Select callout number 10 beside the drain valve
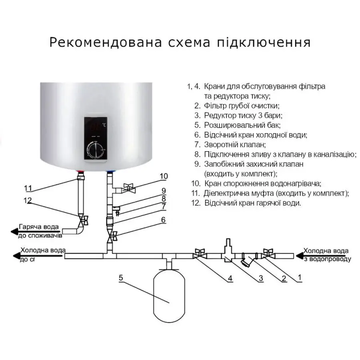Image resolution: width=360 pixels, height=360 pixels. [164, 176]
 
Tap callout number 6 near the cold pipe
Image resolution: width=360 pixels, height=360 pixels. [163, 220]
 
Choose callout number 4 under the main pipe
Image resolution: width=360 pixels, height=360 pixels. [230, 278]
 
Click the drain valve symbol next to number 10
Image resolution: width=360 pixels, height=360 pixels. [128, 187]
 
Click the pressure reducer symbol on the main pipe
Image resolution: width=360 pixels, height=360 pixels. [228, 252]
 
